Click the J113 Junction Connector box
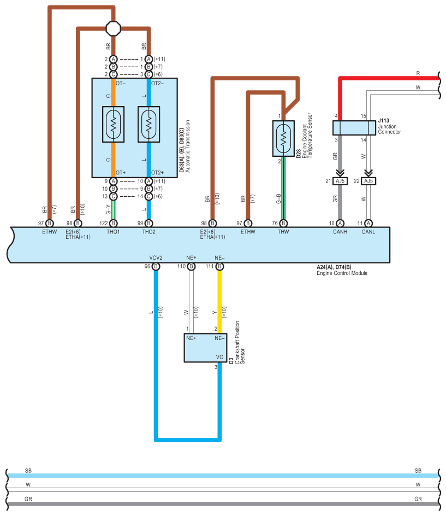coord(354,128)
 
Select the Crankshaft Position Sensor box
coord(205,348)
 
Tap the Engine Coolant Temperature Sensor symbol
coord(283,138)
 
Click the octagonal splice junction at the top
coord(114,28)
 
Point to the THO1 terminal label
coord(113,232)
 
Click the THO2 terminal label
coord(148,232)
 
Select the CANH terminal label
coord(340,232)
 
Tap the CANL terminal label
coord(368,232)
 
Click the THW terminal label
coord(283,232)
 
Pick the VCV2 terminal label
coord(156,257)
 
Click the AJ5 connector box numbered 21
coord(340,181)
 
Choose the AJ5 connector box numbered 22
coord(368,181)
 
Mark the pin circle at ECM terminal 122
coord(113,223)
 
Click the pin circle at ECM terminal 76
coord(283,223)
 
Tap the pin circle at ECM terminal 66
coord(156,266)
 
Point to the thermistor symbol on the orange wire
coord(114,125)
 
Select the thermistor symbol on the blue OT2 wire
coord(149,125)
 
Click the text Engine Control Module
coord(342,273)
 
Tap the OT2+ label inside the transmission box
coord(157,173)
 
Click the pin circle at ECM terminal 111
coord(219,266)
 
